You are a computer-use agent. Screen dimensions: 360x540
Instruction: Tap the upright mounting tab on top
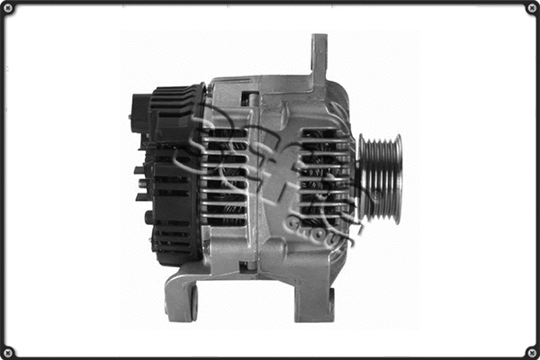point(319,58)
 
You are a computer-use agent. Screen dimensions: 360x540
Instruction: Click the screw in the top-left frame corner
point(8,8)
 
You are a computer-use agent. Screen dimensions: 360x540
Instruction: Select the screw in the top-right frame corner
point(531,8)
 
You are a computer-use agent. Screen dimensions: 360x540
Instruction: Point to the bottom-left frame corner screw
point(8,351)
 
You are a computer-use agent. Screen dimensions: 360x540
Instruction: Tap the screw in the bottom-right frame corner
point(531,351)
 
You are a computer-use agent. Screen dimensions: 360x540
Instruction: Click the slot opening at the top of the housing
point(250,97)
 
